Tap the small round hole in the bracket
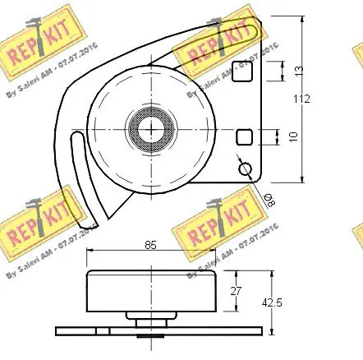pyautogui.click(x=245, y=168)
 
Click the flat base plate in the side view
pyautogui.click(x=156, y=331)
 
